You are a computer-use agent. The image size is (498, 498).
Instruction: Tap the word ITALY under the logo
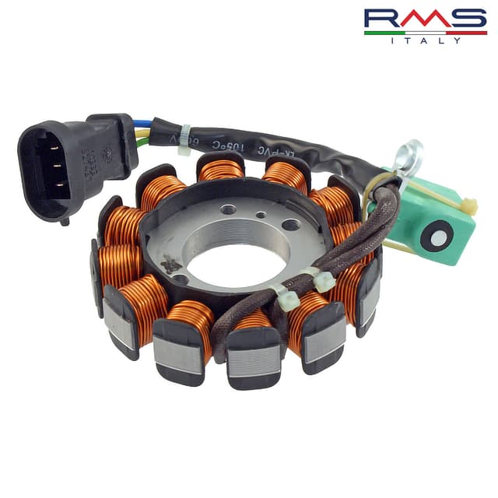[425, 40]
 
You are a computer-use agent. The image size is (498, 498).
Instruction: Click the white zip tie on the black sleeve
[184, 138]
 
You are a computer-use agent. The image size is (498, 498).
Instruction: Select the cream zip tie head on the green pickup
[468, 205]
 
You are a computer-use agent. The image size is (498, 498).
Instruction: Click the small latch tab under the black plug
[64, 220]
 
